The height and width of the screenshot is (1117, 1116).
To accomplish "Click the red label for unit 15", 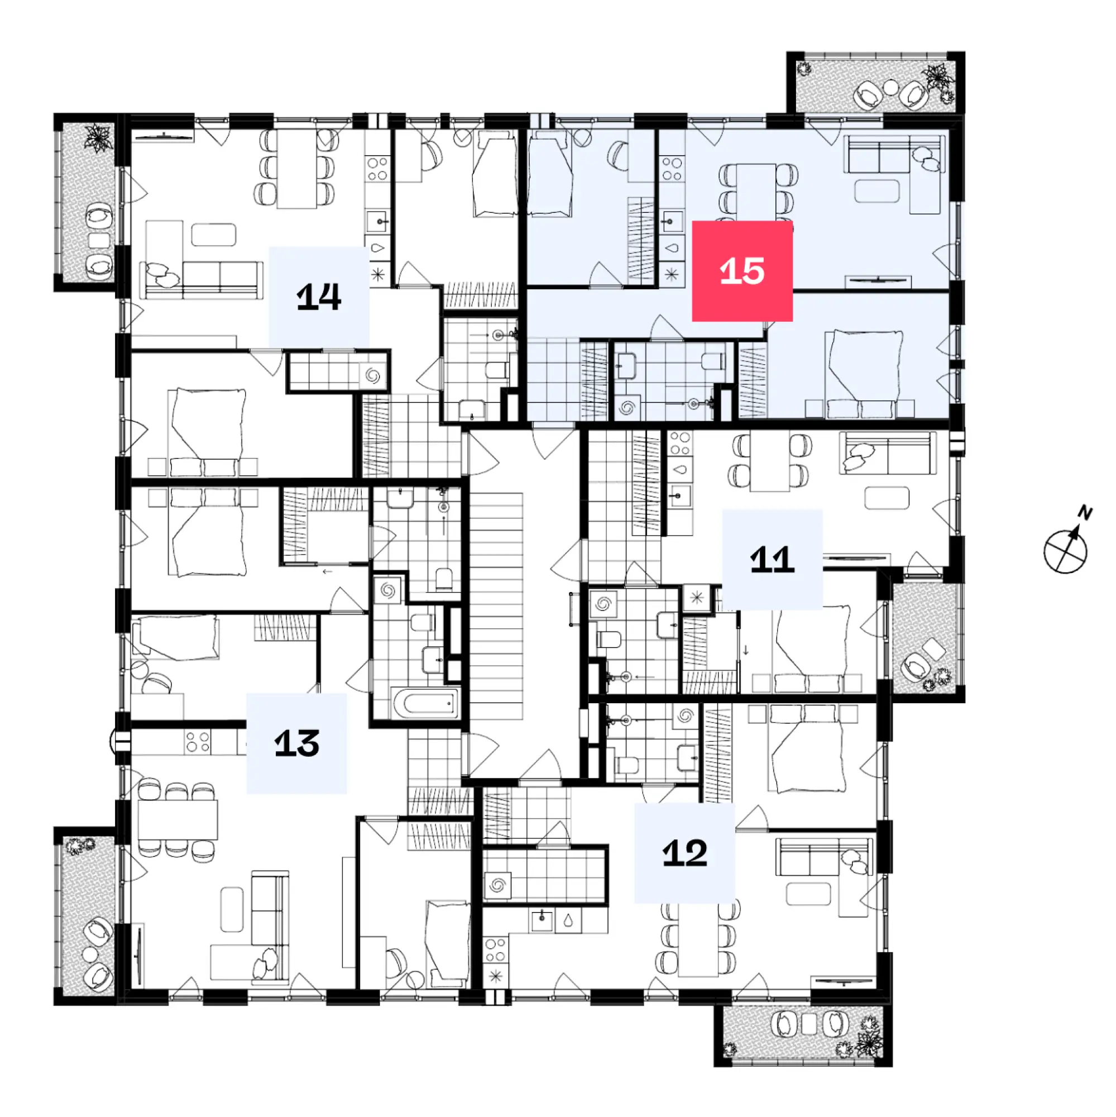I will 742,271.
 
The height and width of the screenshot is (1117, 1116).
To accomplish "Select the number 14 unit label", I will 319,297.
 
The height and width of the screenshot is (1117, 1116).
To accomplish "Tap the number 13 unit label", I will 296,743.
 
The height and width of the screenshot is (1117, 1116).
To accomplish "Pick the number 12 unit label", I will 685,853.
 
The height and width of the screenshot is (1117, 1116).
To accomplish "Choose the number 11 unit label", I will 772,560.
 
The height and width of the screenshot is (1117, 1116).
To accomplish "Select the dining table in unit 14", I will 296,168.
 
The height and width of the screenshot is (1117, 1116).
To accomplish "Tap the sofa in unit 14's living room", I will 202,280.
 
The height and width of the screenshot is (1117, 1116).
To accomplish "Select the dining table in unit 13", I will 178,820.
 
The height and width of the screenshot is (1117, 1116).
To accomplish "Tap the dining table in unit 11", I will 769,462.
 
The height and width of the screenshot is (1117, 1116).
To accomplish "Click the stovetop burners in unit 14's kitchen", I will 377,169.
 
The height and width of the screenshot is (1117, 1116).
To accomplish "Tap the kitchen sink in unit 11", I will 680,496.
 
